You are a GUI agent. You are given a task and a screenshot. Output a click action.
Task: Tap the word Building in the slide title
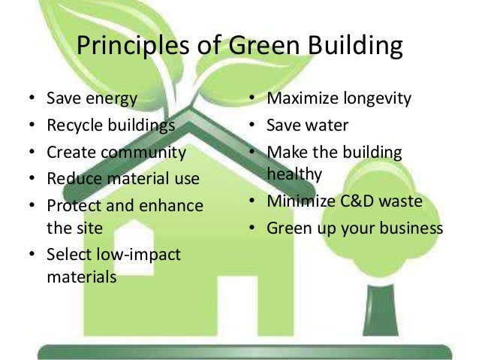348,47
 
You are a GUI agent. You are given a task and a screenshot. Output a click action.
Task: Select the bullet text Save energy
92,98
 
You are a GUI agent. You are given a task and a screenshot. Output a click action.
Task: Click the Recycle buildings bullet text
110,125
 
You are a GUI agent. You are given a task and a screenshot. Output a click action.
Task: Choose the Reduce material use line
122,178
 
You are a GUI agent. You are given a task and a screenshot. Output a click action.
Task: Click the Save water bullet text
308,125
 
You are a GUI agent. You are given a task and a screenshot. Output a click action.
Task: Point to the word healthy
294,174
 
